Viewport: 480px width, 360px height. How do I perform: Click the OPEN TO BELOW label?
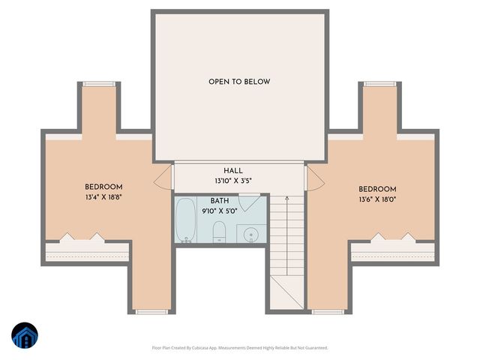[x=239, y=81]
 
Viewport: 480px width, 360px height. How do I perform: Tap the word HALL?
[x=233, y=171]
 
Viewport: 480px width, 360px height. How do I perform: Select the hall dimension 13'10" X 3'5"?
[x=233, y=181]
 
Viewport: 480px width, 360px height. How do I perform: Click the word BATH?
[x=220, y=201]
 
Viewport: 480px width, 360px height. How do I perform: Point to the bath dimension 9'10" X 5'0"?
[x=220, y=211]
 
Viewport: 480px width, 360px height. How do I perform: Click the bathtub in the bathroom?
[x=185, y=220]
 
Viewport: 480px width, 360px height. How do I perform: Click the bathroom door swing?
[x=250, y=202]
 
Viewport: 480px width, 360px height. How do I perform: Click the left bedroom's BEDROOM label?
[x=103, y=187]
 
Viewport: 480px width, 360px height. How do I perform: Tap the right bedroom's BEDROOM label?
[x=377, y=189]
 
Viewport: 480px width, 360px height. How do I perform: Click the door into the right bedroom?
[x=315, y=178]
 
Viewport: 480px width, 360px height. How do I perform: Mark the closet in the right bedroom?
[x=393, y=251]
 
